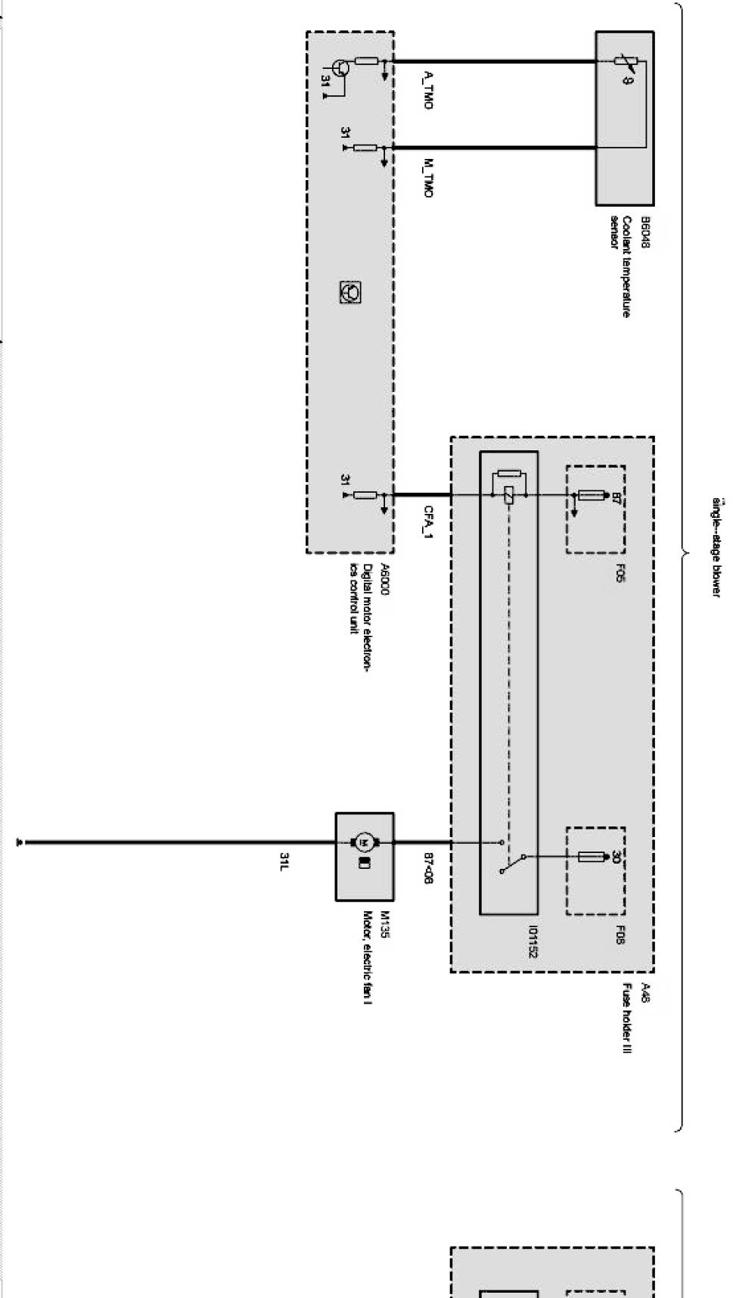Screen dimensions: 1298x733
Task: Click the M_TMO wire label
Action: click(x=429, y=177)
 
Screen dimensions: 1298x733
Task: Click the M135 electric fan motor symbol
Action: click(x=364, y=842)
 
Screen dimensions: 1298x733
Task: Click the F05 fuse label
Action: click(x=620, y=573)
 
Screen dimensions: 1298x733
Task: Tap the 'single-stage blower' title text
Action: click(x=716, y=546)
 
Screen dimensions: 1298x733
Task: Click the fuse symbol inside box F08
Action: click(x=592, y=857)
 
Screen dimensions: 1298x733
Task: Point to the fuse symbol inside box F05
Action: click(x=591, y=496)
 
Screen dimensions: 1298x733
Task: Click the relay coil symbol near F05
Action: click(x=508, y=495)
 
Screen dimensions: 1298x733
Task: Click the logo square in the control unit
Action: click(x=350, y=291)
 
